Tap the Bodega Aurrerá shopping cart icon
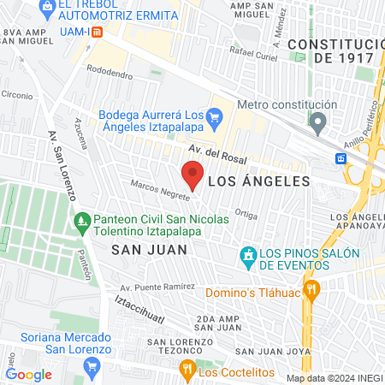216,115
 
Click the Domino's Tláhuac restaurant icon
311,288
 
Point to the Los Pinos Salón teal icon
248,254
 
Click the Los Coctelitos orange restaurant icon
187,369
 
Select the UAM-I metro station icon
97,33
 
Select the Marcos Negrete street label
159,190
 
